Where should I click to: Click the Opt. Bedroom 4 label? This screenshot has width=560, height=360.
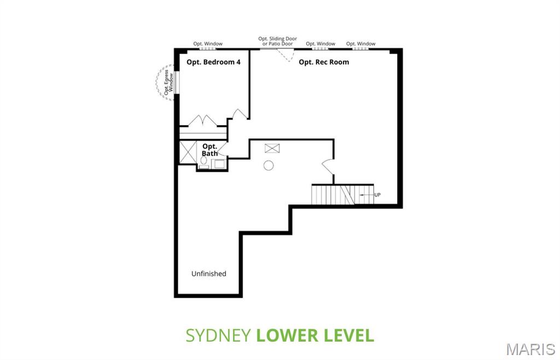pyautogui.click(x=213, y=62)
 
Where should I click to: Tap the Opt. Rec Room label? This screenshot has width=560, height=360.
pyautogui.click(x=324, y=62)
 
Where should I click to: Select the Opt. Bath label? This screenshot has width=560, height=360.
pyautogui.click(x=210, y=150)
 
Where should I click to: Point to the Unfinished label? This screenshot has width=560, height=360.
pyautogui.click(x=208, y=274)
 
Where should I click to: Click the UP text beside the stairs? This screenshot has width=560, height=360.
pyautogui.click(x=377, y=195)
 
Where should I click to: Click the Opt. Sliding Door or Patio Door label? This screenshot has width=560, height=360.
pyautogui.click(x=278, y=41)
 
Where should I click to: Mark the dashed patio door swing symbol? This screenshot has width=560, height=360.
pyautogui.click(x=285, y=55)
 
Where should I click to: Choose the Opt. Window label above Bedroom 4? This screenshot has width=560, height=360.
pyautogui.click(x=208, y=44)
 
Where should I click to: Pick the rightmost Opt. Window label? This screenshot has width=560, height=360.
pyautogui.click(x=361, y=44)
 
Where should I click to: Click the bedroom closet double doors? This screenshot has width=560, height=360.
pyautogui.click(x=203, y=120)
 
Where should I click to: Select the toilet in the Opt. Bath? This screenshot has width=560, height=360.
pyautogui.click(x=203, y=161)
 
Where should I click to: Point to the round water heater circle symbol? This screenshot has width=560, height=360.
pyautogui.click(x=269, y=165)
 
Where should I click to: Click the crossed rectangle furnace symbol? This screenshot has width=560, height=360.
pyautogui.click(x=272, y=148)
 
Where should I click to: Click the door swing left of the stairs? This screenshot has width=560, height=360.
pyautogui.click(x=327, y=165)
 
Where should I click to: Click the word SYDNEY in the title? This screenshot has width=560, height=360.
pyautogui.click(x=218, y=335)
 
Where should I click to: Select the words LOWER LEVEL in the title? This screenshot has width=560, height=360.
pyautogui.click(x=316, y=335)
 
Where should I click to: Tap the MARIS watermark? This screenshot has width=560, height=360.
pyautogui.click(x=530, y=349)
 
